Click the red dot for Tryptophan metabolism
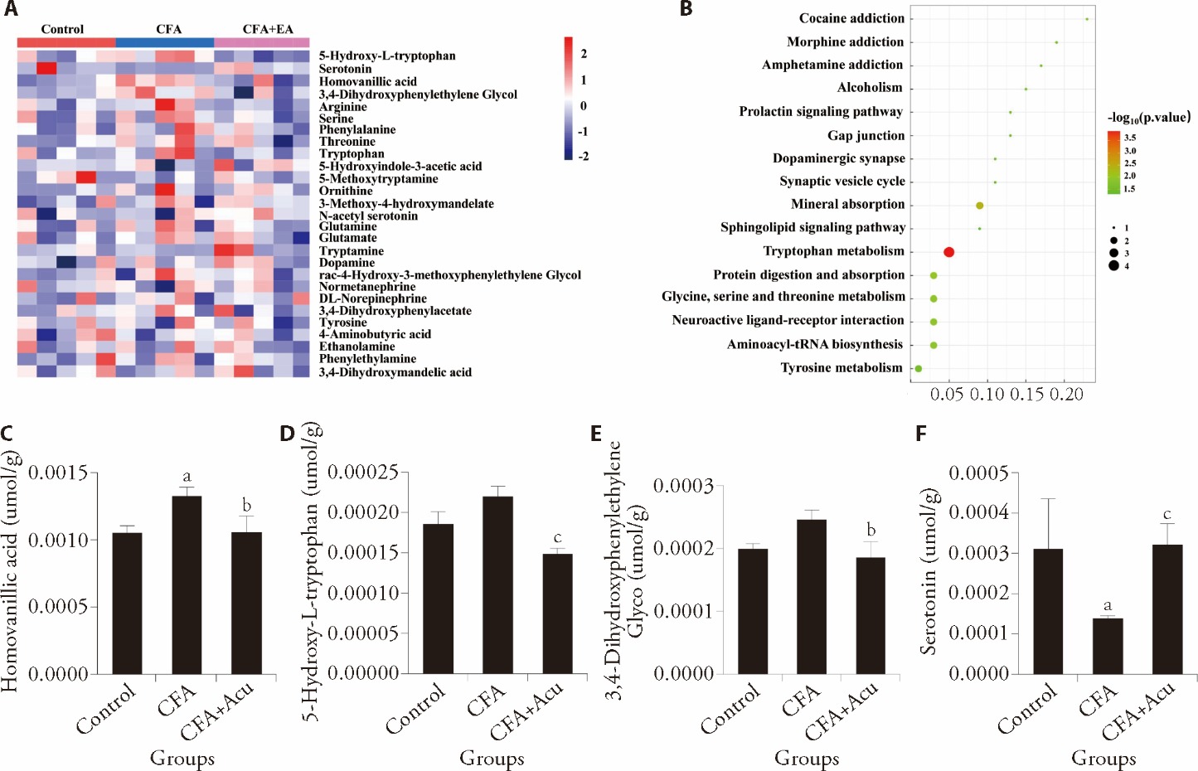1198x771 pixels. (x=949, y=252)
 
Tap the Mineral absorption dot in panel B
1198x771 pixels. (x=980, y=206)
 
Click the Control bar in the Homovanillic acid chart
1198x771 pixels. (x=127, y=603)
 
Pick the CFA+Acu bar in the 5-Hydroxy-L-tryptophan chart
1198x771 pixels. (x=557, y=613)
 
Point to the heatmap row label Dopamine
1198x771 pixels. (x=347, y=263)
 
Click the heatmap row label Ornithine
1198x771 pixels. (x=346, y=191)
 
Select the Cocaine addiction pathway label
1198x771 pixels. (x=851, y=18)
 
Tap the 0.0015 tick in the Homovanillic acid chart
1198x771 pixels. (x=58, y=473)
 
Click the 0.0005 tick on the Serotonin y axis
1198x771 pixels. (x=978, y=473)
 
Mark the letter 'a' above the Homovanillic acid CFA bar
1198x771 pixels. (x=187, y=477)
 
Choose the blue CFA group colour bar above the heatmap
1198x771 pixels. (x=165, y=42)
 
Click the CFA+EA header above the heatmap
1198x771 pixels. (x=268, y=29)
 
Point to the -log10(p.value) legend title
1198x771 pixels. (x=1148, y=117)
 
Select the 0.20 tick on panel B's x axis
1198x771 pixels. (x=1067, y=395)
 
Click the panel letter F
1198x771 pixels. (x=921, y=434)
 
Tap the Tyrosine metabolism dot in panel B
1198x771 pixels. (x=918, y=368)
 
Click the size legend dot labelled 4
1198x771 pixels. (x=1113, y=266)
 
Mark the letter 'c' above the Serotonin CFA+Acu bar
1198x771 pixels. (x=1166, y=515)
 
